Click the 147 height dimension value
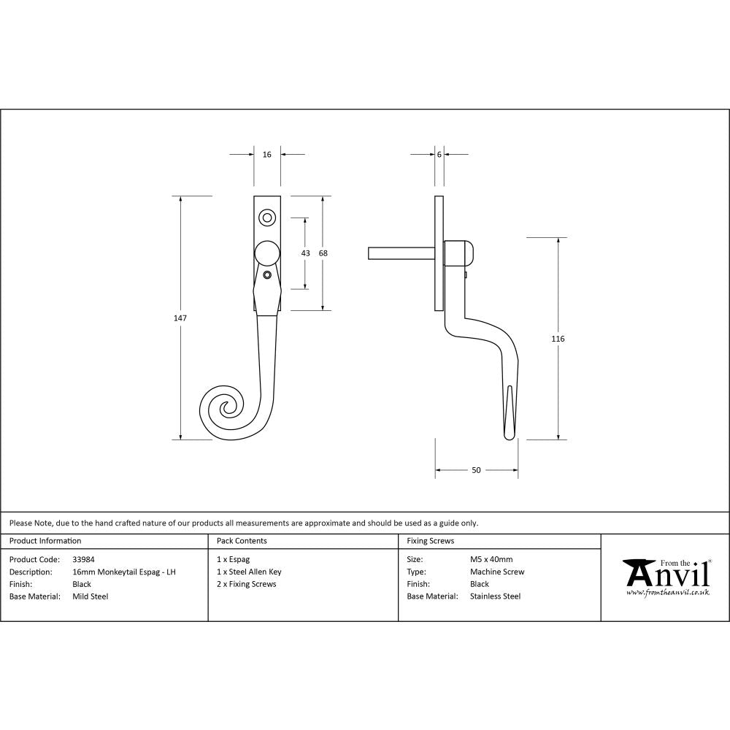click(x=180, y=318)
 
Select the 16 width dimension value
click(x=266, y=155)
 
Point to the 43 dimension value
click(x=305, y=253)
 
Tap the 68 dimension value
click(x=323, y=253)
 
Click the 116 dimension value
click(x=559, y=339)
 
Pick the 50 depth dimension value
click(x=476, y=470)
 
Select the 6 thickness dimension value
click(x=439, y=155)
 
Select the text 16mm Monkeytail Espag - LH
click(x=124, y=572)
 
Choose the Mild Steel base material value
click(x=91, y=596)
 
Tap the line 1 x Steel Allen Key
click(x=249, y=572)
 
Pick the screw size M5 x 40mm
click(x=491, y=560)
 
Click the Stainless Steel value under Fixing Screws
click(x=495, y=596)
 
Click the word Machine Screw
click(x=497, y=572)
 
